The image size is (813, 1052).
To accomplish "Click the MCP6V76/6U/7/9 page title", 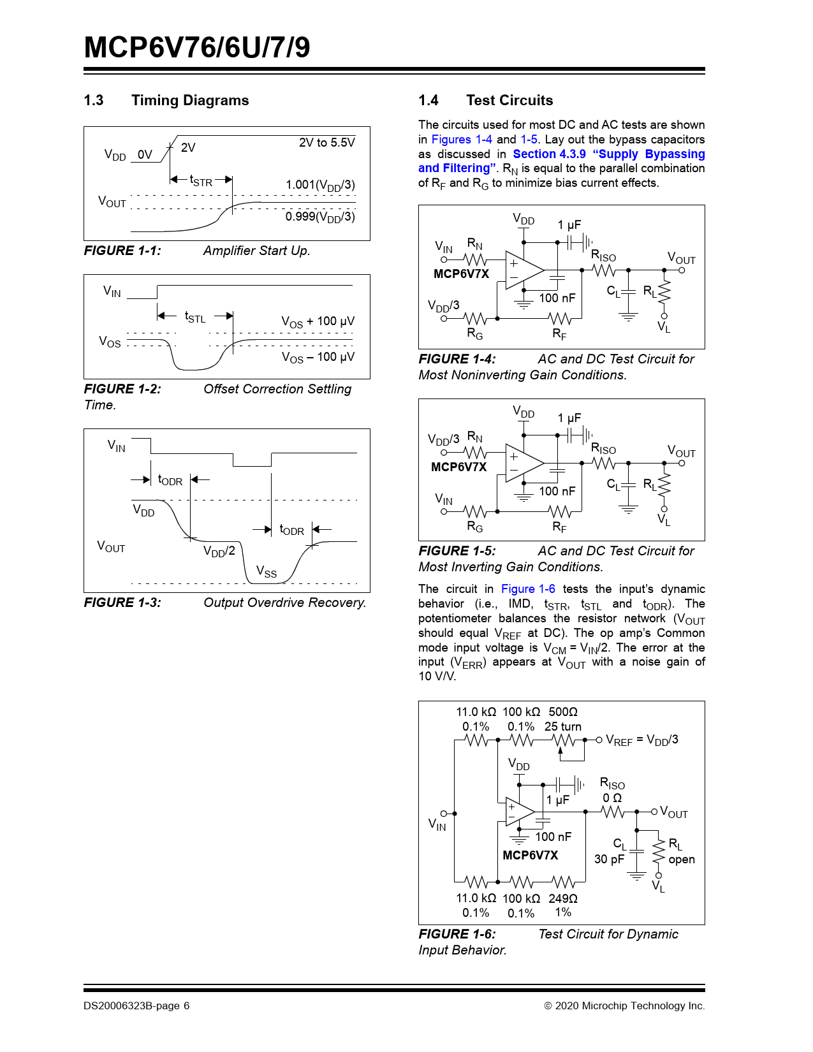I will (x=197, y=48).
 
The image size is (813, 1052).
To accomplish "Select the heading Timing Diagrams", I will (x=190, y=101).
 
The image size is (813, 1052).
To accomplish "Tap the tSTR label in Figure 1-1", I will (x=201, y=181).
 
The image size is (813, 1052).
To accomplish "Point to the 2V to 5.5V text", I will (x=326, y=143).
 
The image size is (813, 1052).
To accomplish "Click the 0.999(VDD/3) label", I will (x=320, y=217).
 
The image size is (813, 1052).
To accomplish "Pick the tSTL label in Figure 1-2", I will (x=195, y=317).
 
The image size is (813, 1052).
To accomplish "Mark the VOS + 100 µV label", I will (x=318, y=322).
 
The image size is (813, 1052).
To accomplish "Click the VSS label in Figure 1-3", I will (x=267, y=571).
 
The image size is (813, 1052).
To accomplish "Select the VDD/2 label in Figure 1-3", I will (x=219, y=552).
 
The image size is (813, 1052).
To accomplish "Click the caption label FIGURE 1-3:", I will (x=122, y=603).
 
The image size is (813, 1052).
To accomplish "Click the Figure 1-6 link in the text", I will (x=528, y=589).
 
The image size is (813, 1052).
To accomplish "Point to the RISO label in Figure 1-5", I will (x=603, y=449).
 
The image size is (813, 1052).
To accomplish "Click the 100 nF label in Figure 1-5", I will (x=557, y=492).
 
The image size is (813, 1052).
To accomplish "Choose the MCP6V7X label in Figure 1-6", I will (x=530, y=856).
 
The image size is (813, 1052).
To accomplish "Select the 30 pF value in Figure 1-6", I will (x=609, y=859).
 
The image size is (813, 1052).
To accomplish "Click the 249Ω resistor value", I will (x=563, y=898).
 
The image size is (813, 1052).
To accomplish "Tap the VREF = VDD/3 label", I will (x=641, y=740).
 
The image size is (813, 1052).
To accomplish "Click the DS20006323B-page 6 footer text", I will (x=136, y=1006).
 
